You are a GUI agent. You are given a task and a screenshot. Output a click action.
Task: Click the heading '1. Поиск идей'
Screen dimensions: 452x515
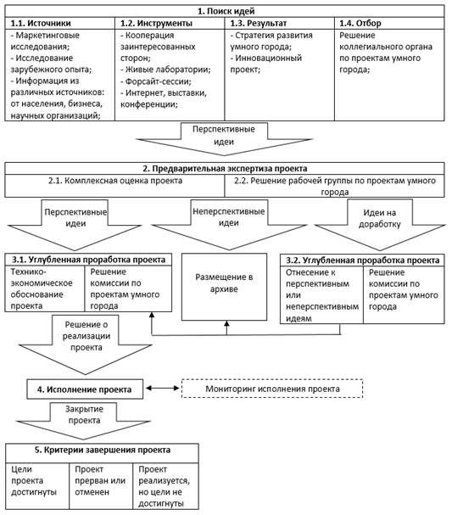click(226, 11)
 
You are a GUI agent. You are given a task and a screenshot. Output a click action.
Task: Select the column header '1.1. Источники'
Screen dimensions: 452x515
click(41, 23)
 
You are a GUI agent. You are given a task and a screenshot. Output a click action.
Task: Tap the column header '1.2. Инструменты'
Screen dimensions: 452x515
click(156, 23)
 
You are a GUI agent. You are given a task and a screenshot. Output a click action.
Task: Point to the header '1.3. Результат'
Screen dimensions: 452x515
click(259, 23)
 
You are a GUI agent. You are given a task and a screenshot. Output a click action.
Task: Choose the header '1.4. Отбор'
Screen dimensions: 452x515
click(360, 23)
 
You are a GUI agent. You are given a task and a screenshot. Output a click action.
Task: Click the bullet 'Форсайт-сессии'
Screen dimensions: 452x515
click(156, 81)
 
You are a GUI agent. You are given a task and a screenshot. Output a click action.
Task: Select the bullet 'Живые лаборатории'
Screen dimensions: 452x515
click(165, 70)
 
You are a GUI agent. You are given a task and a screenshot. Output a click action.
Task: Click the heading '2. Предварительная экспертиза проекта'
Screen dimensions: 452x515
click(225, 169)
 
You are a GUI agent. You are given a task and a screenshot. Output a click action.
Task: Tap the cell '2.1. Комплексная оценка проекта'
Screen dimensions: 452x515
click(114, 181)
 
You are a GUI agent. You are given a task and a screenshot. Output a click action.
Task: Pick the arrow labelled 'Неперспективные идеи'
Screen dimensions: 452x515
click(229, 225)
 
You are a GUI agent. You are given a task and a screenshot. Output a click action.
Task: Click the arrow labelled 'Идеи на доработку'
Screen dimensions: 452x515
click(380, 225)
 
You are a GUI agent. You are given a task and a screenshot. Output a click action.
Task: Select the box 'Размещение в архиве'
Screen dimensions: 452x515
click(224, 287)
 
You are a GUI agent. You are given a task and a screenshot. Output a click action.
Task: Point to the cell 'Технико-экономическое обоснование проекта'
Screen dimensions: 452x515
click(45, 288)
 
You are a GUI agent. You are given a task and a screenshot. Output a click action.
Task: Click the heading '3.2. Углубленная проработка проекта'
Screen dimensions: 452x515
click(362, 260)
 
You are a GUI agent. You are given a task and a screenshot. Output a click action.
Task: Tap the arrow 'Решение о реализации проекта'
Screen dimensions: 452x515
click(86, 344)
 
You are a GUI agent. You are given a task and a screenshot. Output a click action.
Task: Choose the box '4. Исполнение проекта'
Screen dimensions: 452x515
click(85, 389)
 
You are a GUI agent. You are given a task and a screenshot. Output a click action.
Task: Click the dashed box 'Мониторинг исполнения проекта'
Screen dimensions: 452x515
click(272, 389)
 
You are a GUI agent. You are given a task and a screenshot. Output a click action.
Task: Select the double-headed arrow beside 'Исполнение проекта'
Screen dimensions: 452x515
click(163, 389)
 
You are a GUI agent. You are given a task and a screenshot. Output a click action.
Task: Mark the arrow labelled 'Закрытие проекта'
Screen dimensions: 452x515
click(84, 421)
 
